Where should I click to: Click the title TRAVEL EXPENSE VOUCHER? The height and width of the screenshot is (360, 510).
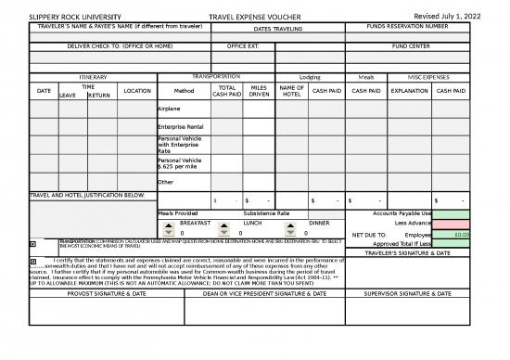(255, 17)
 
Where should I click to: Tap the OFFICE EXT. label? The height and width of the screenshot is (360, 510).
(244, 45)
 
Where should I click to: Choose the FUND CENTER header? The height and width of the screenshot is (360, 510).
(410, 45)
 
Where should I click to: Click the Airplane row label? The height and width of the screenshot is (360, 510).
(170, 109)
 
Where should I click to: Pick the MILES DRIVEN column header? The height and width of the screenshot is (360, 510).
(260, 91)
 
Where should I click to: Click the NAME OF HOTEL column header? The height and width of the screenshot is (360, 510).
(291, 91)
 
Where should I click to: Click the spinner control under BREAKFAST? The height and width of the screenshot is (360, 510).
(167, 228)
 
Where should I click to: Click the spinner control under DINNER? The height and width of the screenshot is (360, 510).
(291, 228)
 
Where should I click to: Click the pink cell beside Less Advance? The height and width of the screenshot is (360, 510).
(453, 224)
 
